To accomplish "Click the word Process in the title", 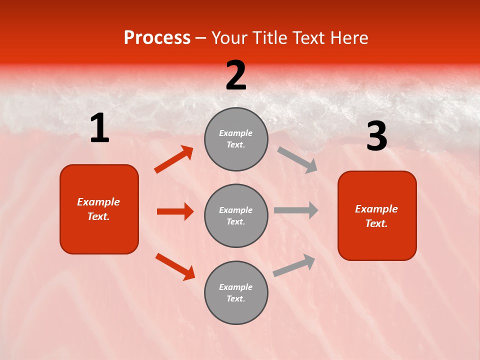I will [157, 38].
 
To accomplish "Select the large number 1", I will [99, 128].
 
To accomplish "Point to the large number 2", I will [236, 75].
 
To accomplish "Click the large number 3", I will [376, 136].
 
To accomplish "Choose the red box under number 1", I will [99, 209].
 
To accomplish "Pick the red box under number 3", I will [377, 215].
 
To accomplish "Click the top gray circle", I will [236, 139].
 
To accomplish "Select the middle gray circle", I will [236, 215].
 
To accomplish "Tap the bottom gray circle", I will [236, 292].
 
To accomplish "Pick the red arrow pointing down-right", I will [175, 266].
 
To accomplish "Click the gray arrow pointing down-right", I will [297, 160].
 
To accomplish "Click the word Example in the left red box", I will [98, 202].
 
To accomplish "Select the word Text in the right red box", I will [376, 223].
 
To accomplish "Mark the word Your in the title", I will [228, 38].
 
